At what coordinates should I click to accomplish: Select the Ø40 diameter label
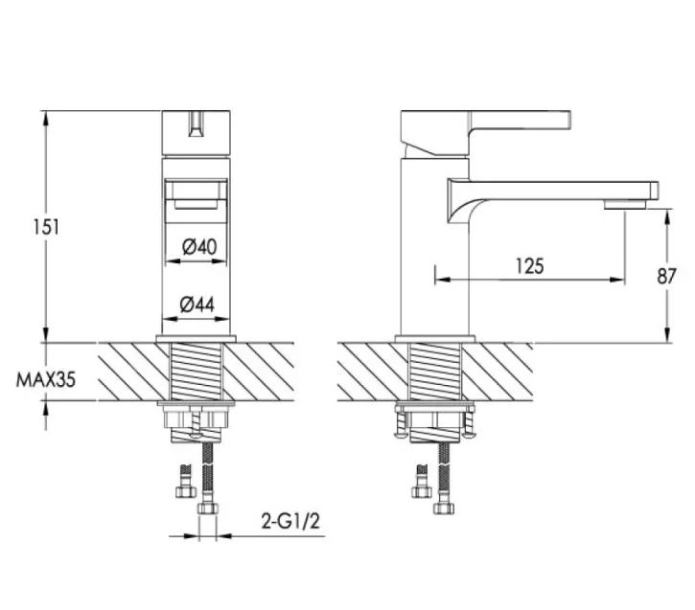tap(198, 246)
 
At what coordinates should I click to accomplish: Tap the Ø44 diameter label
tap(197, 305)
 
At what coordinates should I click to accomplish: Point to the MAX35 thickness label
tap(46, 378)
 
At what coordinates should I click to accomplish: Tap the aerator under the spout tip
tap(624, 205)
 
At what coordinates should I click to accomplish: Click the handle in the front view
tap(197, 131)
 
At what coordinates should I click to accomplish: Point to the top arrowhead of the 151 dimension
tap(46, 116)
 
